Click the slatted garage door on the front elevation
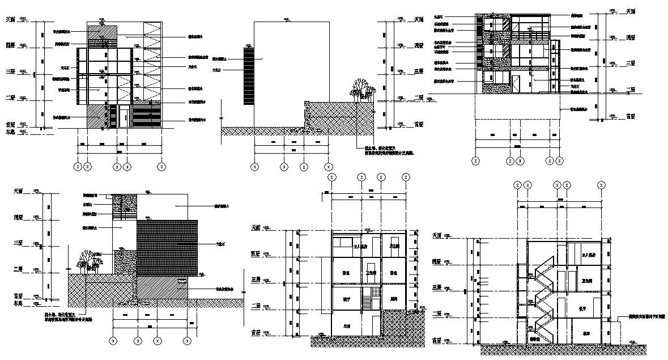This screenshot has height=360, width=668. point(146,116)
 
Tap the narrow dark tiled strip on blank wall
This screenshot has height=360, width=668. point(249,75)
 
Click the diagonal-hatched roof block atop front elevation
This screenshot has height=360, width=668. point(103,35)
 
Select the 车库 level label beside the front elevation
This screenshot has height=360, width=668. point(9,132)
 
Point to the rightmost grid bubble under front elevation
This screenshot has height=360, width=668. point(162,167)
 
